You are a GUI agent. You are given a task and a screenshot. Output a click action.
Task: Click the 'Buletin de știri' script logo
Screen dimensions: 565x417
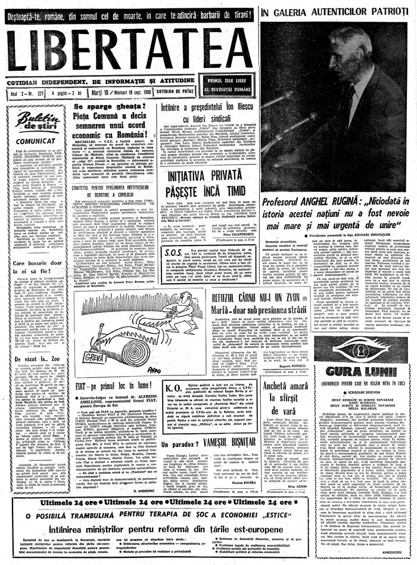pos(37,122)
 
